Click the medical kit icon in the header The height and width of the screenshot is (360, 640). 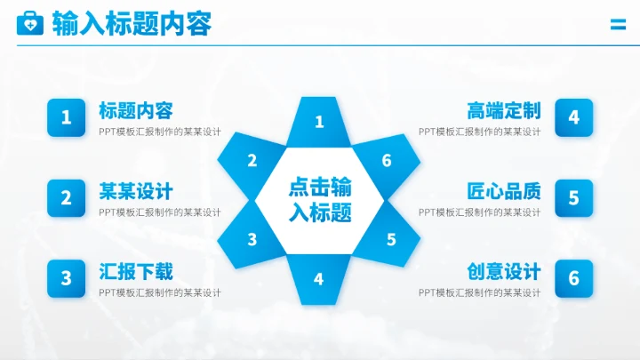pos(29,23)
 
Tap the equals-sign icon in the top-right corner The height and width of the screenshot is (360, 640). pos(618,26)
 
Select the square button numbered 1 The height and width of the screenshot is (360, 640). pos(66,117)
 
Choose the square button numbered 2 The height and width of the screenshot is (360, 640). pos(66,198)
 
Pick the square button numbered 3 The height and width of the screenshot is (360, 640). pos(66,278)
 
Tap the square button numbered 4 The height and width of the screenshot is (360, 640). pos(573,117)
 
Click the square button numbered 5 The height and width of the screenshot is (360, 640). pos(573,198)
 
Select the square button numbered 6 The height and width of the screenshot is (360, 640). pos(573,278)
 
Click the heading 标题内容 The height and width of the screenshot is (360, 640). pos(135,110)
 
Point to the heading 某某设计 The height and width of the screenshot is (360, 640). pos(135,191)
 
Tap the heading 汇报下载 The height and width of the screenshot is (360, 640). pos(135,271)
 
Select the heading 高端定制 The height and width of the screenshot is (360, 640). pos(504,110)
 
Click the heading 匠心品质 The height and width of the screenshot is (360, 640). pos(504,191)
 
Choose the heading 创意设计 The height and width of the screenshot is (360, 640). pos(504,271)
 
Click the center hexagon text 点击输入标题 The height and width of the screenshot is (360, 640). pos(320,200)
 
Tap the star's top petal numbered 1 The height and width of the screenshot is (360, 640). pos(320,121)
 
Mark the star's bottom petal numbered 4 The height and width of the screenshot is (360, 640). pos(319,278)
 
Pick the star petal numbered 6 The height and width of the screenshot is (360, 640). pos(387,160)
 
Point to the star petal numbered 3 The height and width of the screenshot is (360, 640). pos(252,239)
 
